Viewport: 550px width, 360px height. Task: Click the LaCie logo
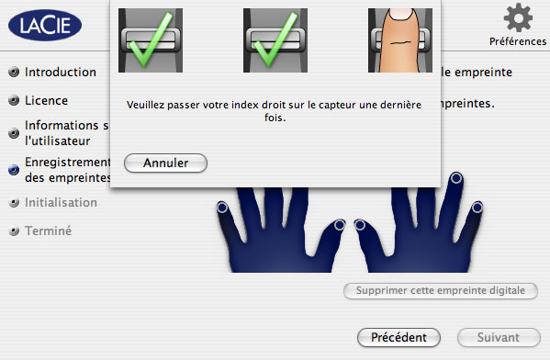coord(45,26)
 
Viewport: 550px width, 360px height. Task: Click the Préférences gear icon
coord(518,17)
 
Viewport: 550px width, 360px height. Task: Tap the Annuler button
coord(165,163)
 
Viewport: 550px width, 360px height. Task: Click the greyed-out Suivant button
coord(499,338)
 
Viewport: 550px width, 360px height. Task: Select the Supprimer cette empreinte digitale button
coord(441,291)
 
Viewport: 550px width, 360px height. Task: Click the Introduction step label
coord(61,73)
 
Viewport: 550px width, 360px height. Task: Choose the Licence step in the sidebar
coord(46,101)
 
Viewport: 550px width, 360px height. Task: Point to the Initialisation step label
coord(61,203)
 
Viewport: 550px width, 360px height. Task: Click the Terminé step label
coord(48,231)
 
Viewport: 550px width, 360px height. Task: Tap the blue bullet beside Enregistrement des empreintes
coord(14,170)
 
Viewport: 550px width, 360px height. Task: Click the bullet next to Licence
coord(14,101)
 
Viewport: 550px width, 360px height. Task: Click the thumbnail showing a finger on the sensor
coord(400,40)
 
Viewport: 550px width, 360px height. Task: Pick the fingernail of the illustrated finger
coord(402,14)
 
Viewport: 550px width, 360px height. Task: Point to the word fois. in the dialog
coord(275,118)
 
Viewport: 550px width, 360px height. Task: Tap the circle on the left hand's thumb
coord(340,225)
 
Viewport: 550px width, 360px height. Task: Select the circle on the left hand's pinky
coord(222,208)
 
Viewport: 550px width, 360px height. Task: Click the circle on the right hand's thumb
coord(360,225)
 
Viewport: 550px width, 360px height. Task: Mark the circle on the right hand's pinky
coord(477,208)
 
